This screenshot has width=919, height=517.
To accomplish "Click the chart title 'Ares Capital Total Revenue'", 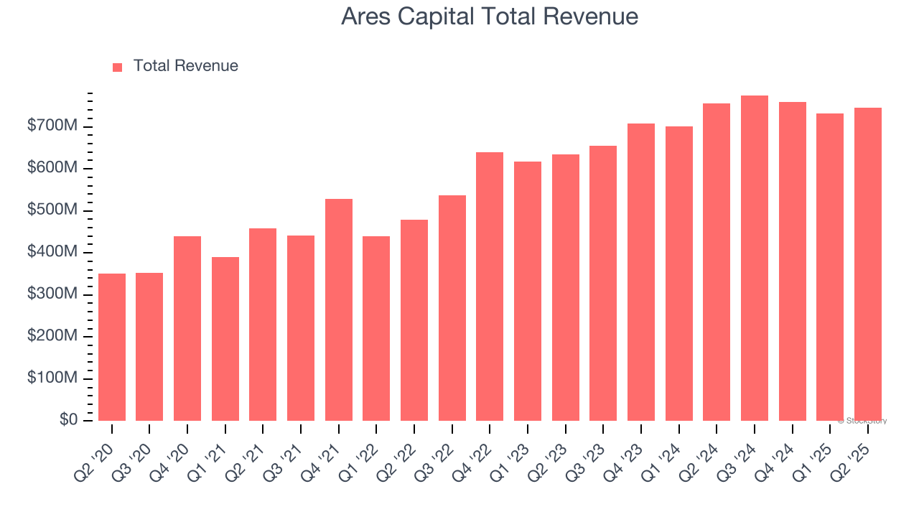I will tap(489, 17).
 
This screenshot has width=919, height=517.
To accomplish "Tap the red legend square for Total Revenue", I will tap(118, 67).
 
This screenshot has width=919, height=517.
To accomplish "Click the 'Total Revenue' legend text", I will tap(185, 66).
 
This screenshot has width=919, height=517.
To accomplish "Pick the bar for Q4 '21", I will tap(339, 309).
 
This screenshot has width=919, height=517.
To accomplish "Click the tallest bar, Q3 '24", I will tap(755, 258).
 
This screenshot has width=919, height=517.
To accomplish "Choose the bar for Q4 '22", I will tap(490, 287).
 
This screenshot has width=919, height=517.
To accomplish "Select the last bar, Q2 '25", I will tap(867, 264).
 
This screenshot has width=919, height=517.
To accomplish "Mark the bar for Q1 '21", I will tap(225, 339).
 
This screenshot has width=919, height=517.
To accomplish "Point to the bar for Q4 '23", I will tap(641, 272).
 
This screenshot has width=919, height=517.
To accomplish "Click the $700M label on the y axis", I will tap(52, 126).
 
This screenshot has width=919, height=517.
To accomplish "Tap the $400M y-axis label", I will tap(52, 252).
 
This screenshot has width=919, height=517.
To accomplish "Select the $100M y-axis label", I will tap(52, 378).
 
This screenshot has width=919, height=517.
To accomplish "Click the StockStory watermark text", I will tap(862, 421).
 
